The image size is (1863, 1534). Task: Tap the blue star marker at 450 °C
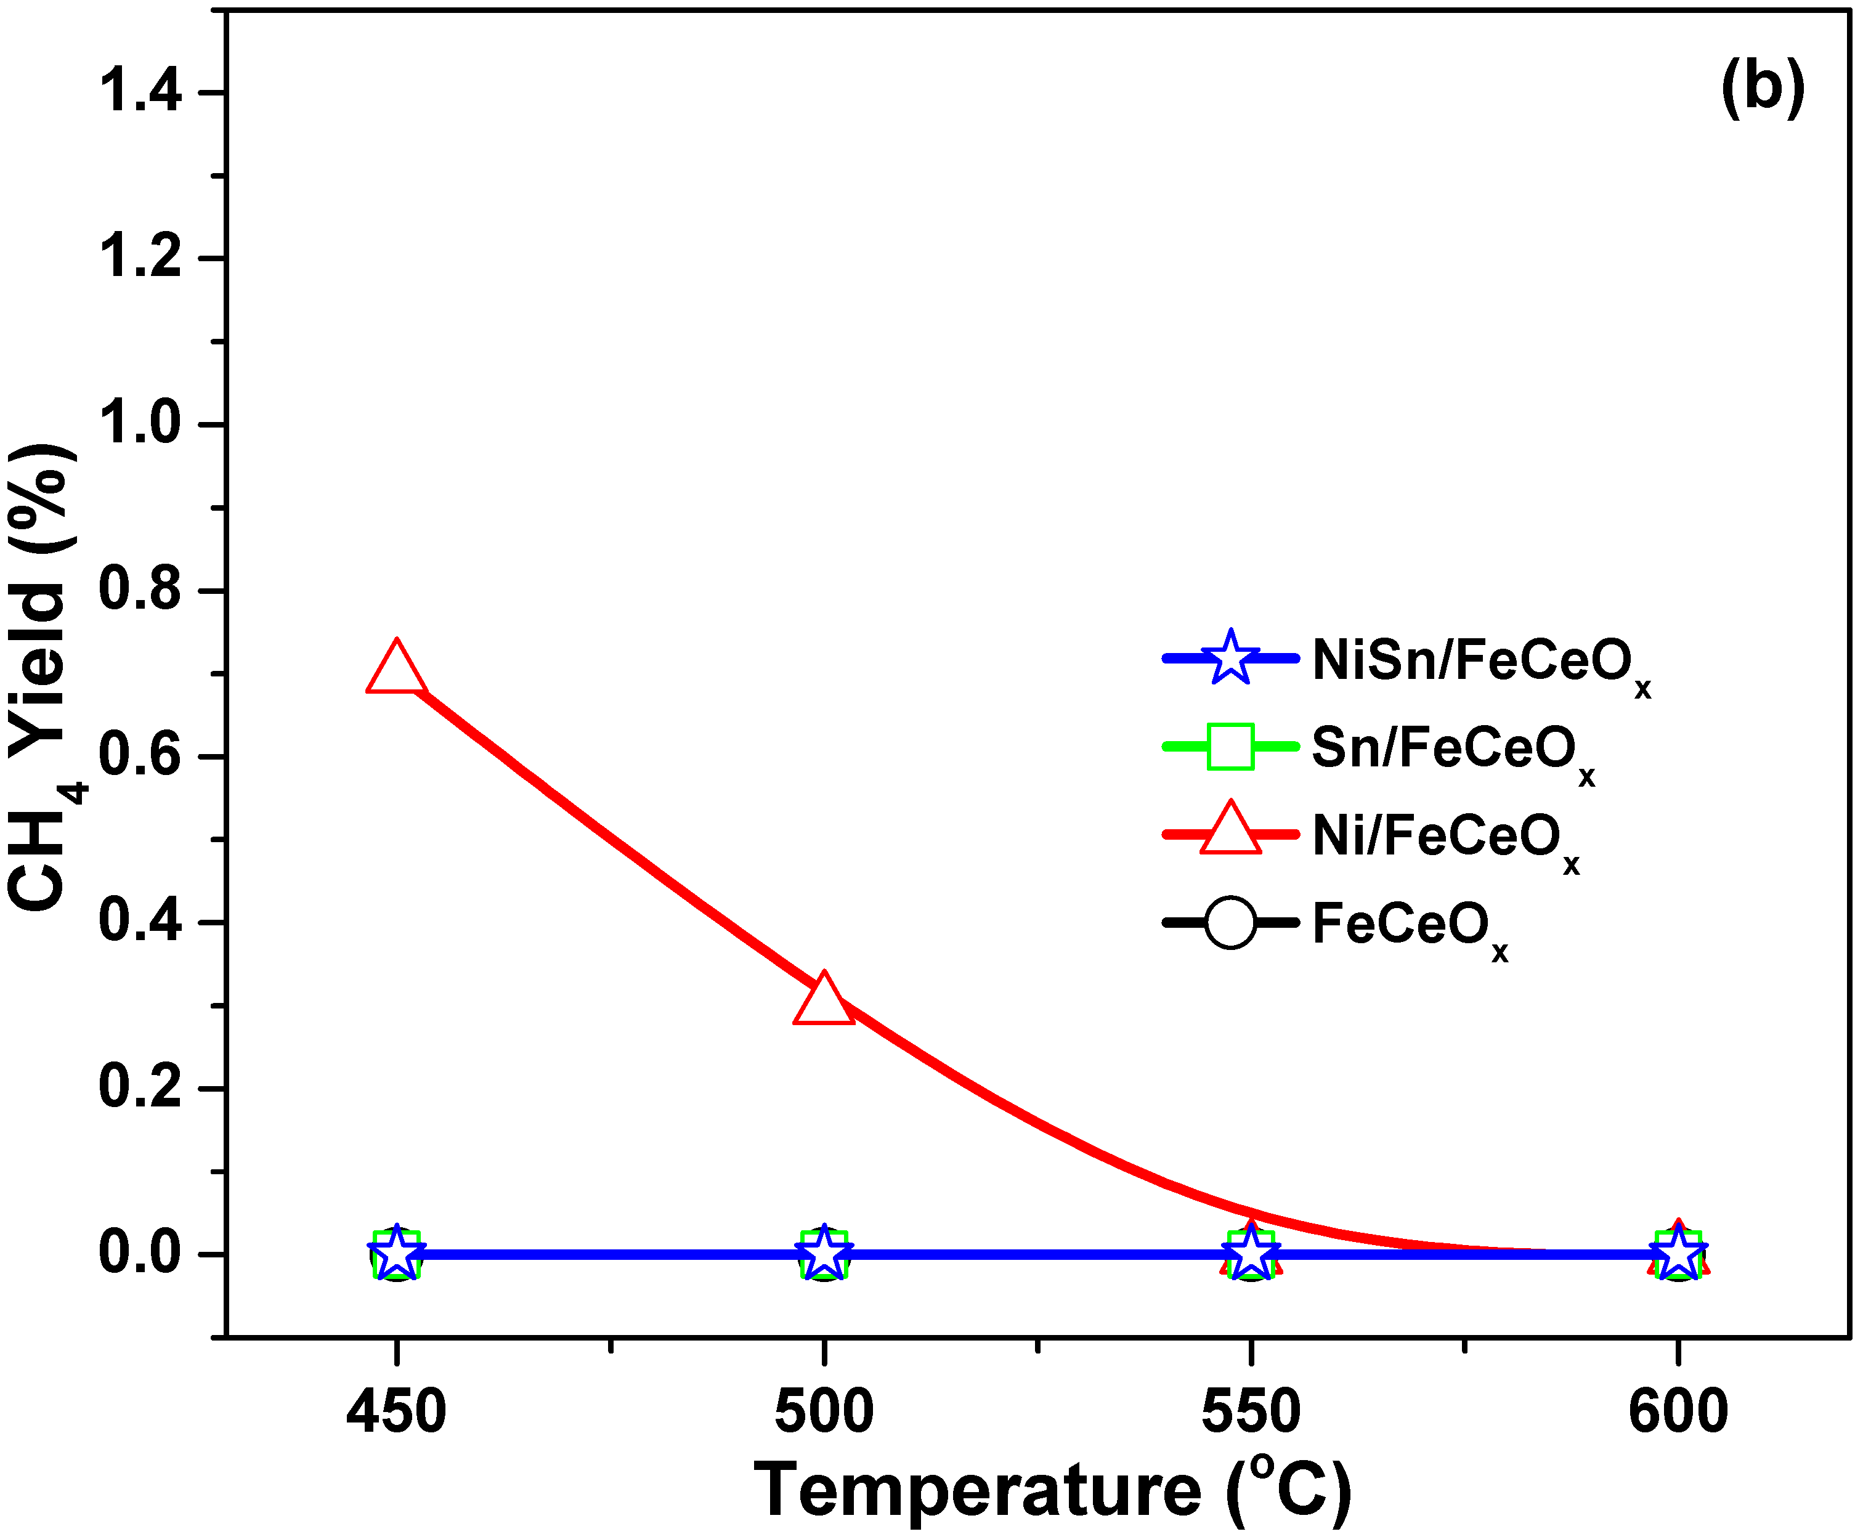coord(397,1253)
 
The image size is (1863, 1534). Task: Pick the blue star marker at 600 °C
coord(1678,1253)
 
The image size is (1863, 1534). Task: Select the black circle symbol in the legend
coord(1229,922)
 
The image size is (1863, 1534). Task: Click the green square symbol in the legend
coord(1229,747)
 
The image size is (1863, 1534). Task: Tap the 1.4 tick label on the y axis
coord(140,91)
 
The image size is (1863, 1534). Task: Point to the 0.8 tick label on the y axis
coord(140,590)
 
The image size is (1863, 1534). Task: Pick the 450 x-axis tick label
coord(396,1412)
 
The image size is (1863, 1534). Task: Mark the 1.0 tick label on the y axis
coord(140,423)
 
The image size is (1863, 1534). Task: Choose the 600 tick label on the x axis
coord(1678,1412)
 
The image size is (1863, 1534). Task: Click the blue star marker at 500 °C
coord(824,1253)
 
